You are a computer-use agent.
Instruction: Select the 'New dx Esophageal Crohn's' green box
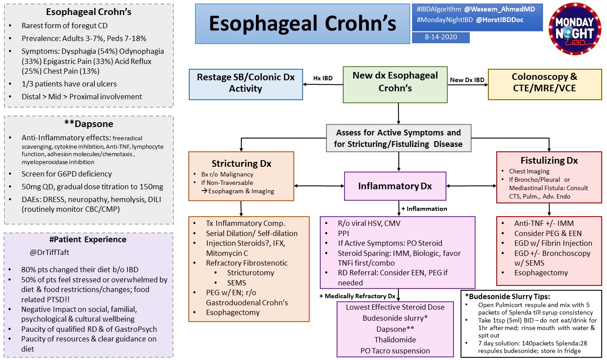(395, 82)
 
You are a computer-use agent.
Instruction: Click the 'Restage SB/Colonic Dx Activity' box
(245, 82)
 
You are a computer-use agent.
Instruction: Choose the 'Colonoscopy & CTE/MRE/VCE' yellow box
(544, 82)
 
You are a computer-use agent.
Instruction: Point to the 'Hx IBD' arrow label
(322, 78)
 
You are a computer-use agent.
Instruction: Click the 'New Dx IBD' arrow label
(467, 79)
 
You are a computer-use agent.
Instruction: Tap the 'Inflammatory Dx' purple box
(395, 186)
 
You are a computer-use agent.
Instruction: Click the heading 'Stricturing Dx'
(241, 163)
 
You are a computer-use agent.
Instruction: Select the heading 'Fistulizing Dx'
(549, 160)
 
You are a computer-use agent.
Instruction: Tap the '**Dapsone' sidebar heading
(88, 124)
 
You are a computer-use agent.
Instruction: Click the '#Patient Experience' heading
(88, 240)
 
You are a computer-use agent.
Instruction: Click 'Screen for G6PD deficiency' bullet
(67, 174)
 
